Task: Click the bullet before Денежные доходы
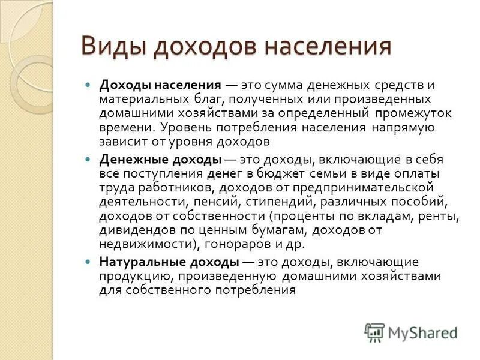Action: [x=88, y=160]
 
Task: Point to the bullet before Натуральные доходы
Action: [x=88, y=262]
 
